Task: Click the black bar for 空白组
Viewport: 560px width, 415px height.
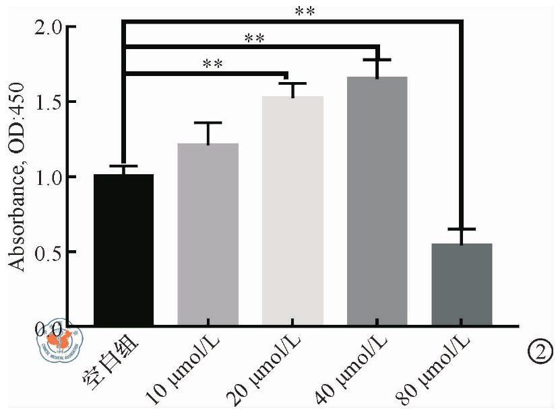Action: click(x=124, y=250)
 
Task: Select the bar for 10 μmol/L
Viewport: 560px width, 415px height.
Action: click(x=208, y=235)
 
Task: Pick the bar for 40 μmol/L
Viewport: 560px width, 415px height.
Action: click(x=377, y=202)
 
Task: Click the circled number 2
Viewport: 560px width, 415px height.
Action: click(x=541, y=350)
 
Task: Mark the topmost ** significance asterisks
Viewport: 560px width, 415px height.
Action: click(x=305, y=12)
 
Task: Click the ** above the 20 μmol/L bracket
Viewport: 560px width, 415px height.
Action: click(x=212, y=65)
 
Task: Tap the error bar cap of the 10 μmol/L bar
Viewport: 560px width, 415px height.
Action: click(x=208, y=123)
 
